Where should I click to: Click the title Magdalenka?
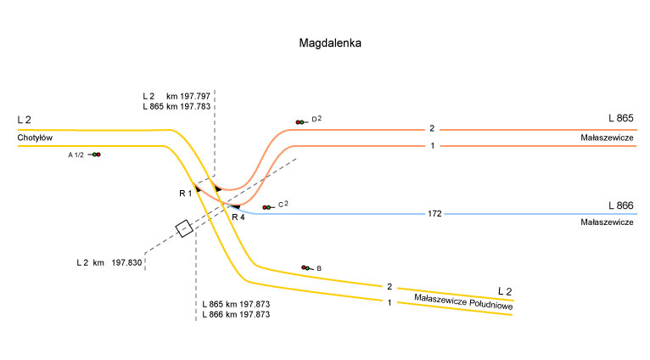click(330, 42)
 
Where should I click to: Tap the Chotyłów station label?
click(35, 138)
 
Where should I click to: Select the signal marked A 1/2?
click(96, 155)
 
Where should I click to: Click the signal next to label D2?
click(300, 122)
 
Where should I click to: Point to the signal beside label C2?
click(266, 207)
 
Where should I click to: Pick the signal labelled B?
click(305, 267)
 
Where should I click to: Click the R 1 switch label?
click(186, 194)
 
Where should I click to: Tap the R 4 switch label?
click(238, 217)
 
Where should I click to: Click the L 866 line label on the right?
click(621, 205)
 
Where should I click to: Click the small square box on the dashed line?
click(183, 228)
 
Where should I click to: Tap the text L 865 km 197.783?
click(177, 107)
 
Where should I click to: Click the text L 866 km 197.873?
click(236, 314)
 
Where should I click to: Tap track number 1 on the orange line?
click(432, 146)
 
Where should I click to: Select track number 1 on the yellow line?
click(389, 302)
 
